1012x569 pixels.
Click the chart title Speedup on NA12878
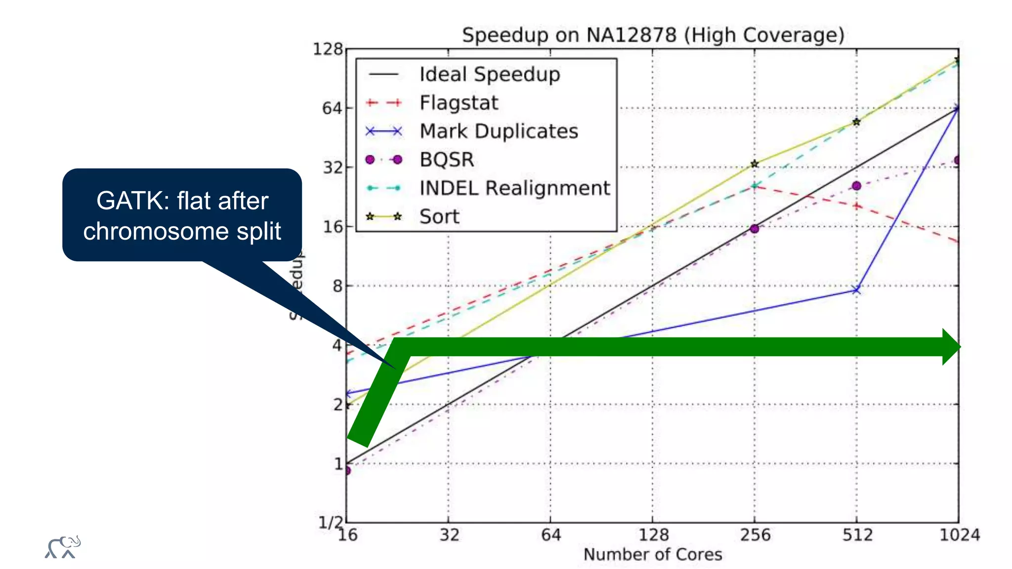point(653,35)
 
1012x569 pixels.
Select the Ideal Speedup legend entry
point(489,75)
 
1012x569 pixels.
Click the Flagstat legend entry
point(459,103)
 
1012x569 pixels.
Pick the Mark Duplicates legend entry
point(498,131)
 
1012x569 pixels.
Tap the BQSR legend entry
point(446,160)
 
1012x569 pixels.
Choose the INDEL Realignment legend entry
point(514,188)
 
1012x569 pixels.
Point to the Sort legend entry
point(439,217)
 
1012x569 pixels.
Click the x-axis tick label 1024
point(959,535)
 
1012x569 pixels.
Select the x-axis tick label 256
point(755,535)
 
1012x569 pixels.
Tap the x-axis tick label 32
point(449,535)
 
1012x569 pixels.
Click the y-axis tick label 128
point(328,49)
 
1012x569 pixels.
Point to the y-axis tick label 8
point(337,286)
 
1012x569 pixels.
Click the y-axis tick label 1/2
point(330,522)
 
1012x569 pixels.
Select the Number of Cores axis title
point(653,555)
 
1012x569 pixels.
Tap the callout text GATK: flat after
point(182,201)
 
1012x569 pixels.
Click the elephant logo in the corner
point(63,547)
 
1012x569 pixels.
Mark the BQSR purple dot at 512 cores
point(856,186)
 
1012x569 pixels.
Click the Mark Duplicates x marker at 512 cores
point(856,290)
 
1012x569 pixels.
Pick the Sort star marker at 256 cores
point(755,164)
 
